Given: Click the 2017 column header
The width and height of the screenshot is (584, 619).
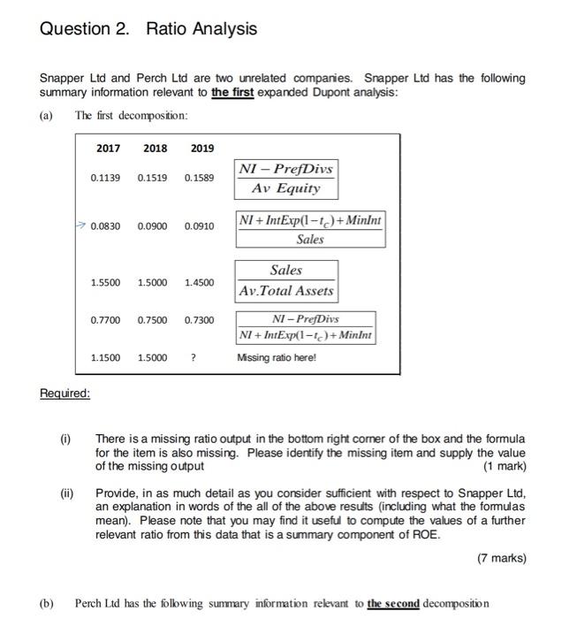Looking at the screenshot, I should pyautogui.click(x=109, y=148).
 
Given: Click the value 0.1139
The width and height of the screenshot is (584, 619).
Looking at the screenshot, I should pyautogui.click(x=106, y=178).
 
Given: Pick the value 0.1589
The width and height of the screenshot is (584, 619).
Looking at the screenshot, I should pyautogui.click(x=199, y=178).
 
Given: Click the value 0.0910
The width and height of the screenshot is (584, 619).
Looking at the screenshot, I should pyautogui.click(x=199, y=226).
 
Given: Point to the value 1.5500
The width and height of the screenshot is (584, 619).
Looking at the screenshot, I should pyautogui.click(x=106, y=282).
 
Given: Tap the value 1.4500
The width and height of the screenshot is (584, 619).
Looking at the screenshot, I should pyautogui.click(x=199, y=282).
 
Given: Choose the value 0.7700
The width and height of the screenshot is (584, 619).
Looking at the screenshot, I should pyautogui.click(x=106, y=319).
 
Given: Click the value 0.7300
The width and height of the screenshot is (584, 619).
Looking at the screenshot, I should pyautogui.click(x=199, y=319).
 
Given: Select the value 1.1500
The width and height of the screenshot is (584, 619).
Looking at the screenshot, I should pyautogui.click(x=106, y=357).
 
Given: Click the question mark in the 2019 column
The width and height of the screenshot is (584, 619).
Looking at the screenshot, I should pyautogui.click(x=193, y=357).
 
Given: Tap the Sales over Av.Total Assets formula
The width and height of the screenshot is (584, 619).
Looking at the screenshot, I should pyautogui.click(x=285, y=280).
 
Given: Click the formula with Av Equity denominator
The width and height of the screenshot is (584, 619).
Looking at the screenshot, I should pyautogui.click(x=285, y=178).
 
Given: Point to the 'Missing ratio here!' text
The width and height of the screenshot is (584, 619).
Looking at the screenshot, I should pyautogui.click(x=276, y=357).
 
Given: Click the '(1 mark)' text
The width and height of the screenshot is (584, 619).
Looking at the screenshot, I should pyautogui.click(x=504, y=466).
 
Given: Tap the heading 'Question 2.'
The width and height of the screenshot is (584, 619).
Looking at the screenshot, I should pyautogui.click(x=85, y=29).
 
